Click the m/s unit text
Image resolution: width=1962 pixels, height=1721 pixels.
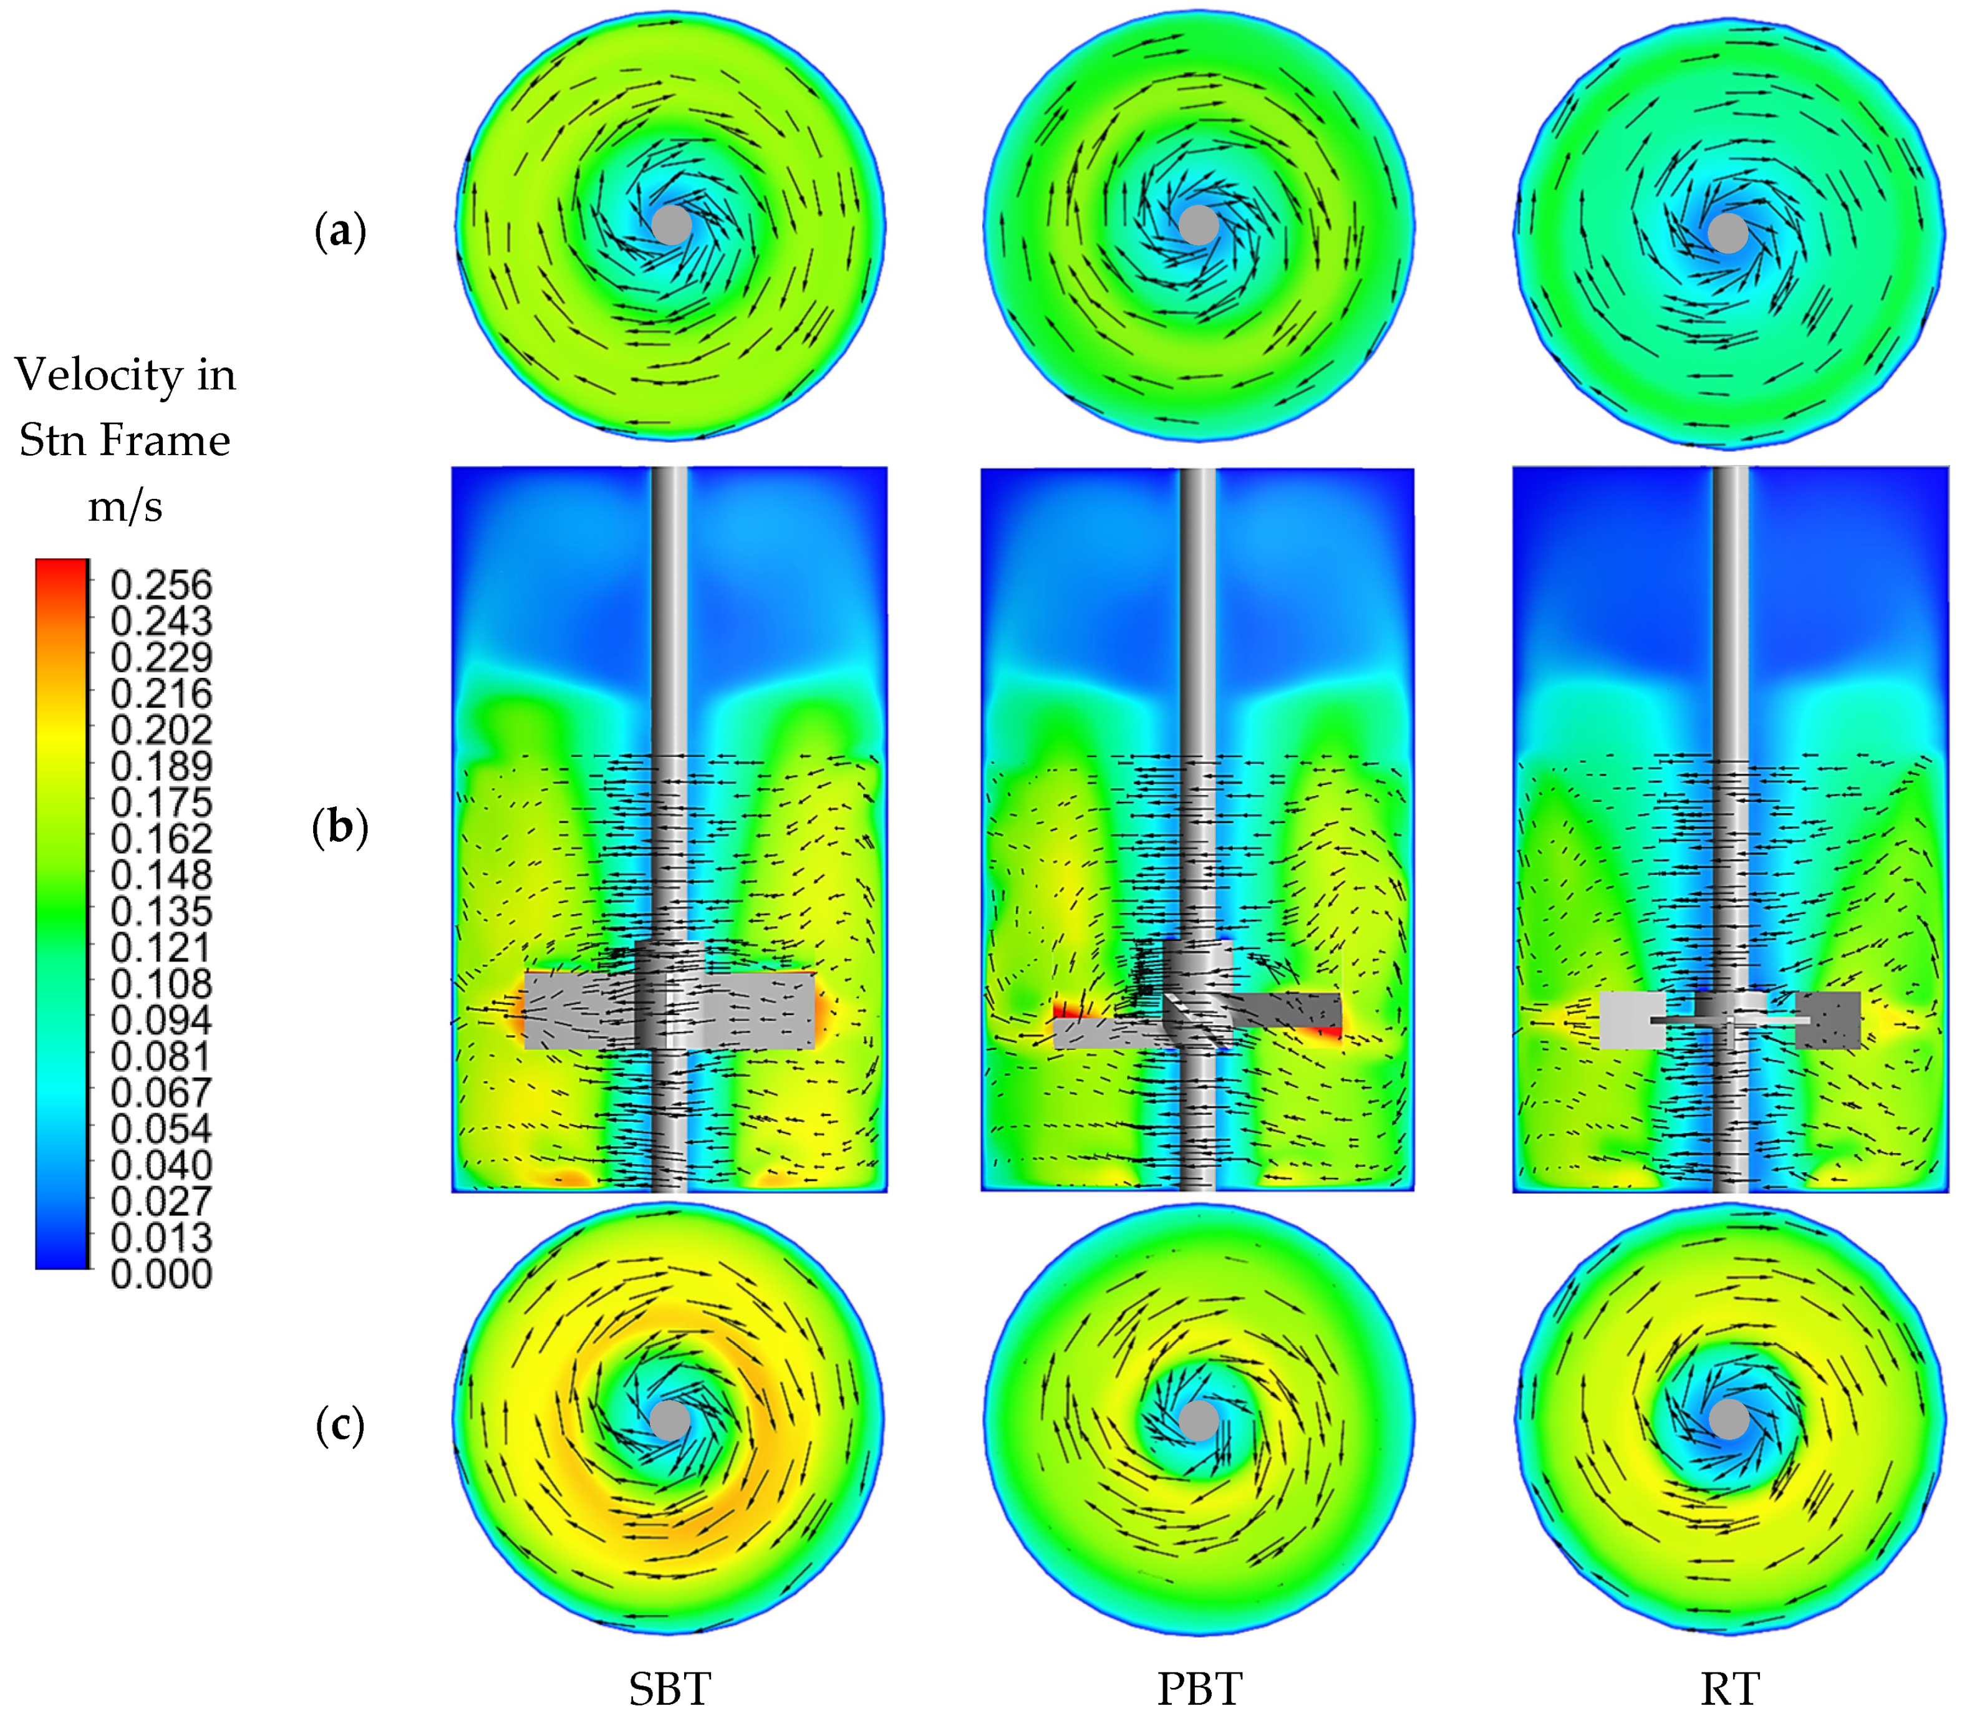[x=126, y=505]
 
